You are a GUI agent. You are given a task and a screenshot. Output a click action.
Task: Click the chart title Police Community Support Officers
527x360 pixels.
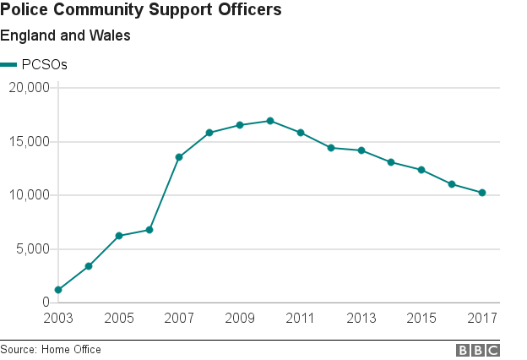point(141,11)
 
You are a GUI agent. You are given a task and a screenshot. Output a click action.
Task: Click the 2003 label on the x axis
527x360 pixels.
point(58,319)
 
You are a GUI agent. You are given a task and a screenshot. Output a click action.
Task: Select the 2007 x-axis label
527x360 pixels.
point(179,319)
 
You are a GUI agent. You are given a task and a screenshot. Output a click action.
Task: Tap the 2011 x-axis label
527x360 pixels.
point(300,319)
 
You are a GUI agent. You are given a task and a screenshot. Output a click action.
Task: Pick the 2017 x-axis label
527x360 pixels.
point(482,319)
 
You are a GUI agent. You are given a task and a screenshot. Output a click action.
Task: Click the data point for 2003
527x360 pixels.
point(58,290)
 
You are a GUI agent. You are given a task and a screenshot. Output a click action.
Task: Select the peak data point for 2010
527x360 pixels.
point(270,121)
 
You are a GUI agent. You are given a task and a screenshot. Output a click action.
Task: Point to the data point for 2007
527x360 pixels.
point(179,157)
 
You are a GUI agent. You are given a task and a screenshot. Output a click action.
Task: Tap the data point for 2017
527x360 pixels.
point(482,193)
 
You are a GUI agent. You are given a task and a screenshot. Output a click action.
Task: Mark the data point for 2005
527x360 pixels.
point(119,236)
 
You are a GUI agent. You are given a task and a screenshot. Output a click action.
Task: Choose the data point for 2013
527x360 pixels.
point(361,150)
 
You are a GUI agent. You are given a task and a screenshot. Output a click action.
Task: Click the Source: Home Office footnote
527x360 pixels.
point(51,350)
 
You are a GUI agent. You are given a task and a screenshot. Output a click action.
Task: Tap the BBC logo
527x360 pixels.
point(478,350)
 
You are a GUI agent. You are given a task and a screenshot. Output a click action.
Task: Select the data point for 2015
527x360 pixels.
point(421,170)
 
